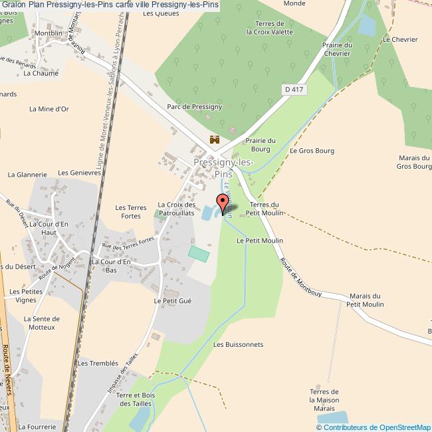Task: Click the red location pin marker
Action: (223, 201)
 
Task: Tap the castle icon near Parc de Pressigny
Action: (215, 140)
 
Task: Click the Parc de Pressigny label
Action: (195, 106)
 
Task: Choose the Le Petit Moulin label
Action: (260, 241)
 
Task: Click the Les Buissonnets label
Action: (239, 345)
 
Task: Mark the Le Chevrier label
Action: (400, 39)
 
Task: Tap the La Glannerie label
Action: (27, 175)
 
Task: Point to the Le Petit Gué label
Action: (173, 301)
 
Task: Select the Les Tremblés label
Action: (98, 364)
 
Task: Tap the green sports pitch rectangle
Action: (198, 253)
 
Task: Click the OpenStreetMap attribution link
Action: (395, 427)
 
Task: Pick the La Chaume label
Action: (41, 74)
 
